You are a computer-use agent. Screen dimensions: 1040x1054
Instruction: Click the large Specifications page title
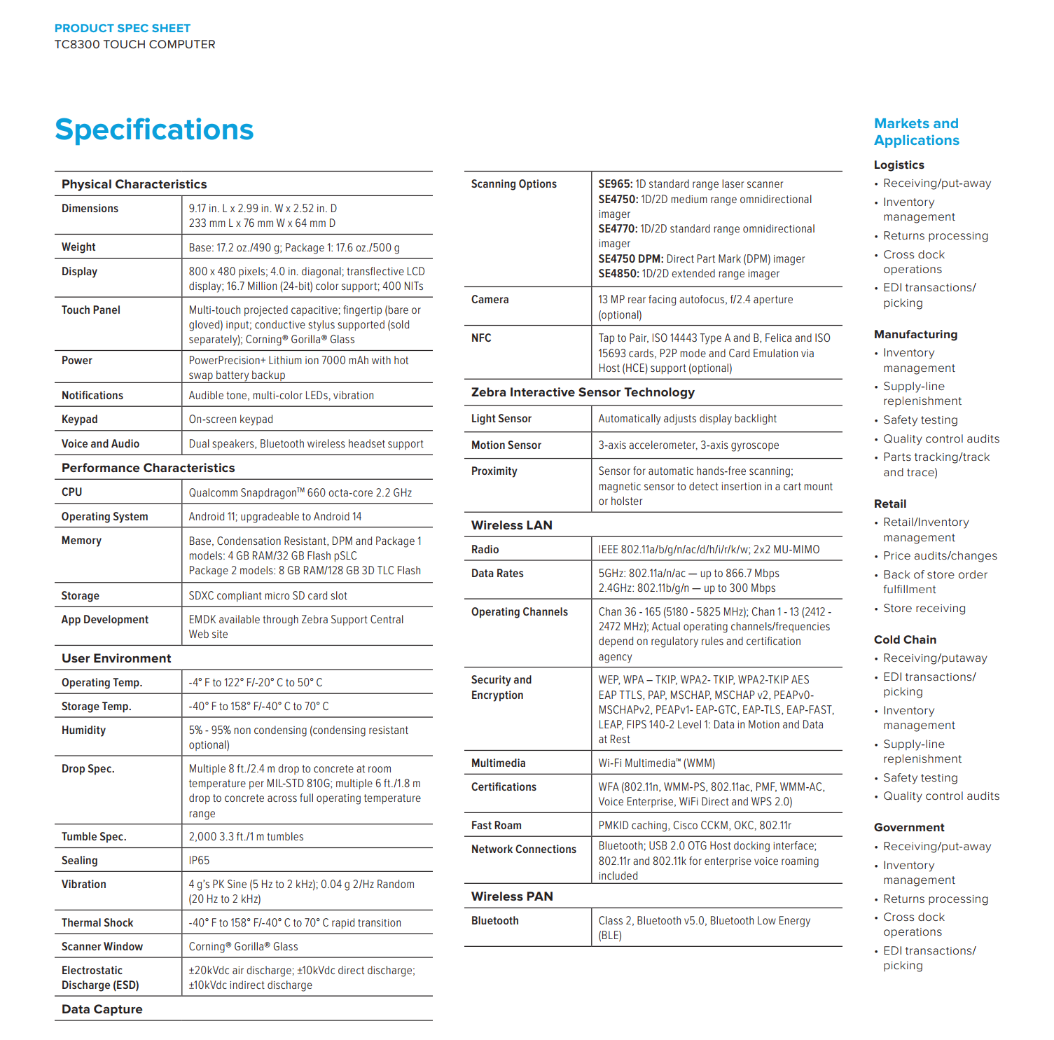tap(154, 130)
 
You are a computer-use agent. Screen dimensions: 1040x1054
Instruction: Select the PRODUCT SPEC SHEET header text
tap(123, 28)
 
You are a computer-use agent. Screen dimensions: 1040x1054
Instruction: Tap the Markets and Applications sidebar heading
tap(916, 132)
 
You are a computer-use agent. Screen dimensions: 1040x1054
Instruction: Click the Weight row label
tap(78, 247)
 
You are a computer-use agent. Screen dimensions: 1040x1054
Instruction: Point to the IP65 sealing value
tap(199, 861)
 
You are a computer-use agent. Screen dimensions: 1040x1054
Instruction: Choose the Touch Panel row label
tap(91, 310)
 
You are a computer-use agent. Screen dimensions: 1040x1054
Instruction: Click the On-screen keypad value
tap(230, 420)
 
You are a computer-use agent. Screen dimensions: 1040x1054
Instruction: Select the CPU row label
tap(72, 492)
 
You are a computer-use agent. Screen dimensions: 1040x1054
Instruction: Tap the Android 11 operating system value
tap(275, 517)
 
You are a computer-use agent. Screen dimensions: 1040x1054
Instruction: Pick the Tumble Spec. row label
tap(94, 837)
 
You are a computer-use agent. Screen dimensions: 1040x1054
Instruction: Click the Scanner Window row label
tap(102, 947)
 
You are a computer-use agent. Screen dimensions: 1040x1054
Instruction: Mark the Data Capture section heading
tap(102, 1009)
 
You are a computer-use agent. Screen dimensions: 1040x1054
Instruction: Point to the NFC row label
tap(481, 338)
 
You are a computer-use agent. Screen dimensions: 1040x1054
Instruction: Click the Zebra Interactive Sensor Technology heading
tap(583, 392)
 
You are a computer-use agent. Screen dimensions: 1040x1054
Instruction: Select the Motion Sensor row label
tap(506, 445)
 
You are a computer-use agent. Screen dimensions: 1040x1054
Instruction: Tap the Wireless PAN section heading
tap(512, 896)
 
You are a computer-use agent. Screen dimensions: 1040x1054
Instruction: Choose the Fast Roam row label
tap(497, 826)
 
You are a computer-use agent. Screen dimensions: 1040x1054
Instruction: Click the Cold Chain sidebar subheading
tap(905, 639)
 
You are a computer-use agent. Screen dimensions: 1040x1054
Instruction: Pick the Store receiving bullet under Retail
tap(924, 609)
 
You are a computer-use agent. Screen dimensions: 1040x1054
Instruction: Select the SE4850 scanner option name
tap(618, 274)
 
